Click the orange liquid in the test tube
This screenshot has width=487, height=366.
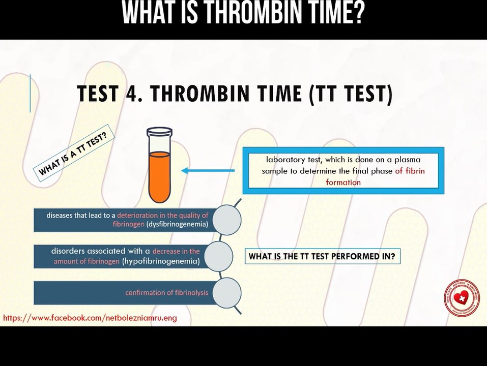pyautogui.click(x=159, y=175)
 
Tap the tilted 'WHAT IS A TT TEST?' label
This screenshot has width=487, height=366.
pyautogui.click(x=73, y=150)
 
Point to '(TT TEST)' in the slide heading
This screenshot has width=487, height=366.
pyautogui.click(x=351, y=95)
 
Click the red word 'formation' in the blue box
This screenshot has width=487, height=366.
pyautogui.click(x=343, y=182)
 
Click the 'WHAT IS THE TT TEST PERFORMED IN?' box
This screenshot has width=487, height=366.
pyautogui.click(x=322, y=257)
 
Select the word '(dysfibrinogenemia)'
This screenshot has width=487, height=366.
pyautogui.click(x=177, y=224)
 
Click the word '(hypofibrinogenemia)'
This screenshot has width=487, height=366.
pyautogui.click(x=160, y=261)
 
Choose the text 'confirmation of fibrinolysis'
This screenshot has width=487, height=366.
pyautogui.click(x=167, y=293)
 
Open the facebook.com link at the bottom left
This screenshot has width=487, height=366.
pyautogui.click(x=90, y=318)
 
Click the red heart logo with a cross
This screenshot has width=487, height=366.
pyautogui.click(x=463, y=298)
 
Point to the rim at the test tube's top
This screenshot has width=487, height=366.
pyautogui.click(x=159, y=132)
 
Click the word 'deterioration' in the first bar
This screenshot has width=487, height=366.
pyautogui.click(x=138, y=215)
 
